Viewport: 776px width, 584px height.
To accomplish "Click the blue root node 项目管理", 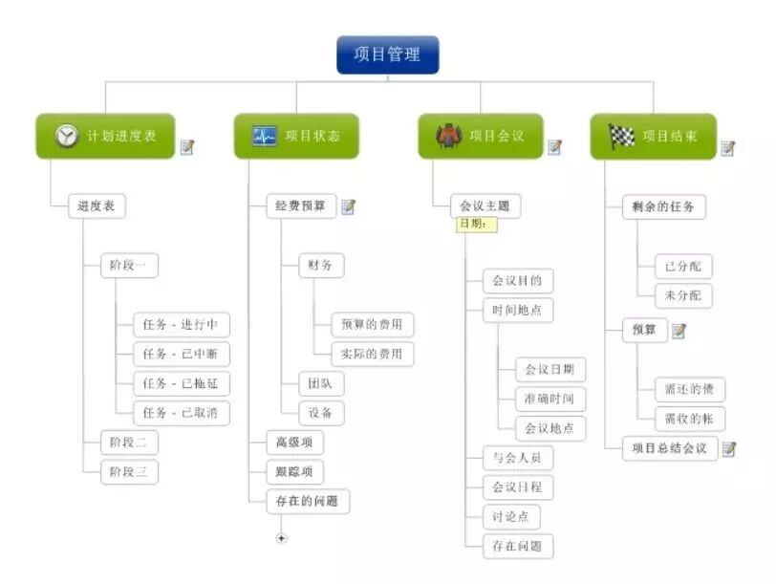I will click(x=387, y=54).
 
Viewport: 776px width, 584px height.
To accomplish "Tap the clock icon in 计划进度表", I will click(x=66, y=136).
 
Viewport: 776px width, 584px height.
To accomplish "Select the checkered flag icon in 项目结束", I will click(x=622, y=136).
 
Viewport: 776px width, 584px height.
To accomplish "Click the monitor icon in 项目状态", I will click(x=265, y=136).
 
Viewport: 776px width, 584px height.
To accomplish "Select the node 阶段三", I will click(x=129, y=471).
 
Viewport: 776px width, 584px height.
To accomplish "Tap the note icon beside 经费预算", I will click(x=349, y=206).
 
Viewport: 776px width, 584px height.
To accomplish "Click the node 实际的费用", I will click(x=372, y=354).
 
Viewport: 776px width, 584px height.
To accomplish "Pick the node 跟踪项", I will click(x=294, y=471).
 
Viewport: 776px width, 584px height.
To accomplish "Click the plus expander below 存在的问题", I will click(x=281, y=538).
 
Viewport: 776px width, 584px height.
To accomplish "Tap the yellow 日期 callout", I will click(x=476, y=224).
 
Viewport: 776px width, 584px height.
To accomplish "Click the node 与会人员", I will click(x=517, y=457).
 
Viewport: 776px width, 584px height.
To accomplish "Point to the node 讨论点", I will click(x=510, y=516).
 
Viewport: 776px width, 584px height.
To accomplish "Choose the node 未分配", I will click(x=682, y=295).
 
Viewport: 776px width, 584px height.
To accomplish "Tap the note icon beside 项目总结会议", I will click(x=729, y=448).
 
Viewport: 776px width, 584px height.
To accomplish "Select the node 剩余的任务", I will click(x=662, y=206).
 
